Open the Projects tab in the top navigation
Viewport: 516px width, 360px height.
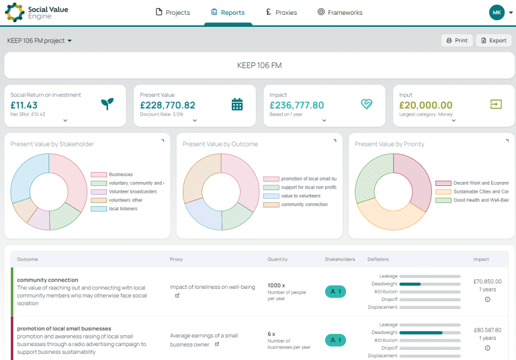(173, 12)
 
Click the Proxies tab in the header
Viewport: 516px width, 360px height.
(281, 12)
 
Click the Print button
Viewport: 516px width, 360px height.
(457, 40)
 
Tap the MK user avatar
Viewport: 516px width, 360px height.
(497, 12)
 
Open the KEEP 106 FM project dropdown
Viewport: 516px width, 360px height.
(40, 40)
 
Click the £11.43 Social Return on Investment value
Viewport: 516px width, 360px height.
(24, 105)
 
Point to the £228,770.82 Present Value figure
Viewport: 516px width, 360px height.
(167, 105)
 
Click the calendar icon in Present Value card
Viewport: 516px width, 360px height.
(236, 104)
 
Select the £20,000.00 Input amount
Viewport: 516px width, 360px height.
(425, 105)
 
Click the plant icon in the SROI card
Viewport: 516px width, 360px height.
(107, 104)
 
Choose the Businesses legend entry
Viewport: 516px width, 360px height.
(120, 175)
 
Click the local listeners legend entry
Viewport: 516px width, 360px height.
(124, 209)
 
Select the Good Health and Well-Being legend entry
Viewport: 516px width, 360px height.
(480, 200)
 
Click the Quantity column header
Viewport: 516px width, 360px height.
(277, 259)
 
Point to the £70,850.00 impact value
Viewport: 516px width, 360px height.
(487, 281)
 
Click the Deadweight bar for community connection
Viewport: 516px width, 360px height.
(430, 284)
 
